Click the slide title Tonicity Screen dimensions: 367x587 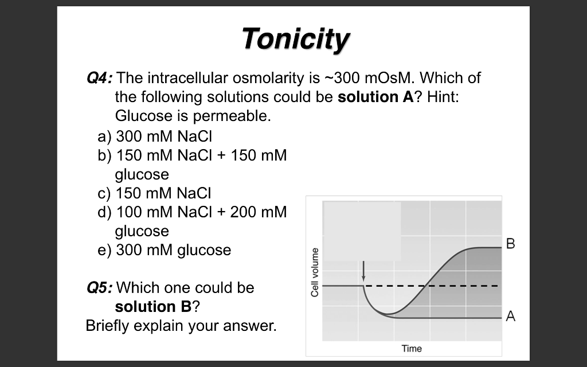click(295, 40)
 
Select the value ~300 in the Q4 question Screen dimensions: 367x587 click(349, 78)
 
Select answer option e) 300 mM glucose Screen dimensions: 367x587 click(165, 250)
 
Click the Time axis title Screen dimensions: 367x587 click(412, 348)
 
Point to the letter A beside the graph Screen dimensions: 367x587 click(511, 317)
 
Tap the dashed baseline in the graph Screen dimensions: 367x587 click(459, 285)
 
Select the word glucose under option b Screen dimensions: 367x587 click(142, 174)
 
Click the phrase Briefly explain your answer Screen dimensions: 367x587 click(181, 326)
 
